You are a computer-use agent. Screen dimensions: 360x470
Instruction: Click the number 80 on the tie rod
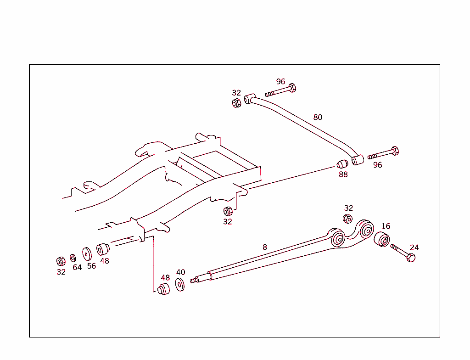click(318, 117)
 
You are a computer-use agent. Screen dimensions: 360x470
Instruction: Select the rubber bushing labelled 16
click(381, 239)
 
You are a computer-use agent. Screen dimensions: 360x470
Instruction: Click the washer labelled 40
click(180, 285)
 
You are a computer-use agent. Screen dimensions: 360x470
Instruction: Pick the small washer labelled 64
click(73, 258)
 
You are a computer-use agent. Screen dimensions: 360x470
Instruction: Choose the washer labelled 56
click(87, 253)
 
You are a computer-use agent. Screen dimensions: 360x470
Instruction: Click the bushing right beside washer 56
click(102, 249)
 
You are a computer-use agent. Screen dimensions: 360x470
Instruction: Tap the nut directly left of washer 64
click(60, 261)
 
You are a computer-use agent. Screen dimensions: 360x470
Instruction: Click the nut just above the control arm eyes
click(348, 219)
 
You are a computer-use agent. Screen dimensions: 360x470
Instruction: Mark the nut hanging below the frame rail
click(227, 211)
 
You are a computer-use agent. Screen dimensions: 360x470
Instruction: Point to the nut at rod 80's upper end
click(236, 102)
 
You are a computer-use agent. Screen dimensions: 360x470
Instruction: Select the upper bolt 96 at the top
click(280, 90)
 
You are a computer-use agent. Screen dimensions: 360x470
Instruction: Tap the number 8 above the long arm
click(265, 247)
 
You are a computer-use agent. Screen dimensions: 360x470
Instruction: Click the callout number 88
click(343, 174)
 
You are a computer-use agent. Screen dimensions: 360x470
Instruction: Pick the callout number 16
click(386, 226)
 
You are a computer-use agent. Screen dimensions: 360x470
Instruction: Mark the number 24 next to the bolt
click(414, 247)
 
